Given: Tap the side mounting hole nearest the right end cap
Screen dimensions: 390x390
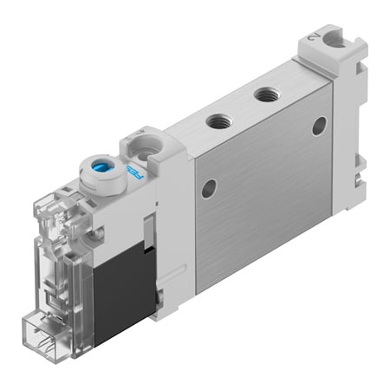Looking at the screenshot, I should [x=319, y=127].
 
